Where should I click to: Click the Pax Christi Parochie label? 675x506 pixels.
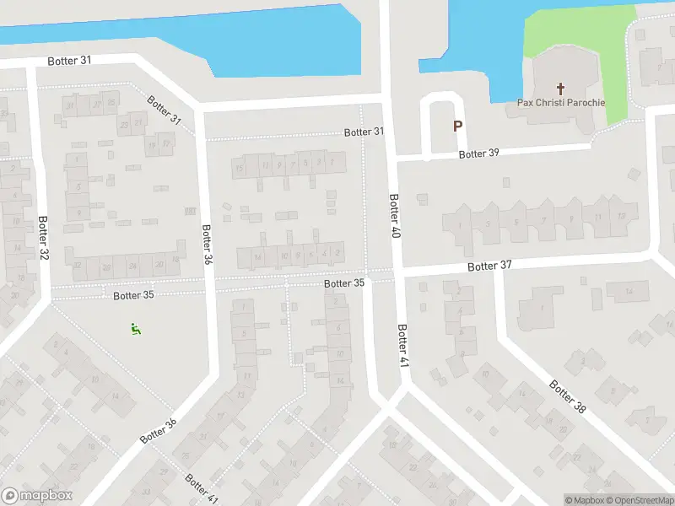point(560,103)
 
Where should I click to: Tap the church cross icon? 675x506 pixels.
point(560,88)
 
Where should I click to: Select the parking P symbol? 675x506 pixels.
point(457,126)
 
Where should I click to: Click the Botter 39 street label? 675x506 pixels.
point(479,153)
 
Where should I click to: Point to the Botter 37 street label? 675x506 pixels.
point(489,266)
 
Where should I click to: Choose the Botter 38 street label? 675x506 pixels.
point(567,396)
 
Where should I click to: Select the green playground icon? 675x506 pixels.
point(135,329)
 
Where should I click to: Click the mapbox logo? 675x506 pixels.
point(37,496)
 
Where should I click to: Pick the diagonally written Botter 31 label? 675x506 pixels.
point(164,110)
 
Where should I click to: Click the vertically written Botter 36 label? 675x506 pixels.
point(206,244)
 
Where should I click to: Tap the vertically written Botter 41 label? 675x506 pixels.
point(402,345)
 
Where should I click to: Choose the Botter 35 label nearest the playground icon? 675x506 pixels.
point(133,295)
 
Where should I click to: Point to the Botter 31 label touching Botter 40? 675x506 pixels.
point(364,132)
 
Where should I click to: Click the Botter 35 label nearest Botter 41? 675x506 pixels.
point(344,283)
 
